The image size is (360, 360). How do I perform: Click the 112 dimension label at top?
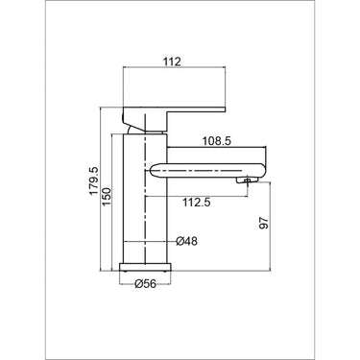173,61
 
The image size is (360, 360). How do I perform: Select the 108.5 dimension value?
216,141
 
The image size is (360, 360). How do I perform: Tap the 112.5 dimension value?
197,203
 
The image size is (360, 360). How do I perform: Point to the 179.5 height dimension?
94,180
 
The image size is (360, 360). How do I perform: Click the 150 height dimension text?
107,197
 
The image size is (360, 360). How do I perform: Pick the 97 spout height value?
264,223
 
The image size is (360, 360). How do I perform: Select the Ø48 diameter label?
187,241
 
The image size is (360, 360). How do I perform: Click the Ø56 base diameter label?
146,283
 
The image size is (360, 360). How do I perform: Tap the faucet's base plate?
145,268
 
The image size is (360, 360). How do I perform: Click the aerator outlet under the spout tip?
247,181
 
